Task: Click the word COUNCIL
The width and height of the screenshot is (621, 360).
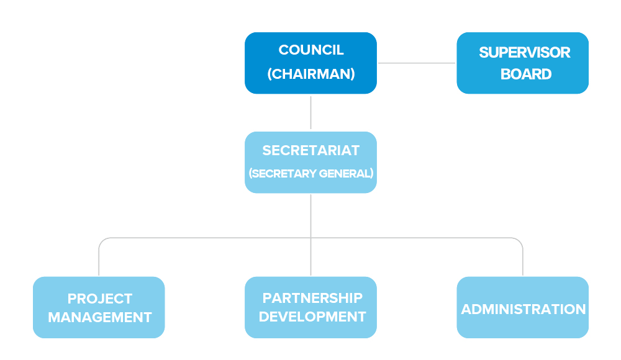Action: [311, 50]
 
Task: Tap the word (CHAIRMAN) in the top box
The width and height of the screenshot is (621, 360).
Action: [311, 74]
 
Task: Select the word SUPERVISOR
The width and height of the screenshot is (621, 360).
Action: [524, 52]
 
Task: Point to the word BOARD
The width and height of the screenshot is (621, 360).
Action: [526, 74]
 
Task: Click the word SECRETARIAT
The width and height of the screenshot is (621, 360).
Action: [311, 150]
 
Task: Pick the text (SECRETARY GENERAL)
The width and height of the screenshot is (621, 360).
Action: [311, 173]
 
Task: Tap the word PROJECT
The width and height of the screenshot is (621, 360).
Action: [100, 299]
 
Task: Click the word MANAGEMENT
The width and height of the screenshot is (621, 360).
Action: [100, 317]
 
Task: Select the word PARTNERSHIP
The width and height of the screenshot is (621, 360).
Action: [312, 298]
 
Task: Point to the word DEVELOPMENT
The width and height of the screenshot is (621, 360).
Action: [312, 317]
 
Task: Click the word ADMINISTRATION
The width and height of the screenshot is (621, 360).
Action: [523, 309]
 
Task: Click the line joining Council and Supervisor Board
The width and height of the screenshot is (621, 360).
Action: [417, 63]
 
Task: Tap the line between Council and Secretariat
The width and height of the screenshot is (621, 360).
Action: [311, 112]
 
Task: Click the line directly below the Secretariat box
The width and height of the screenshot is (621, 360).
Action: [311, 216]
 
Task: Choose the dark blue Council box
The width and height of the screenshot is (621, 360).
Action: [311, 63]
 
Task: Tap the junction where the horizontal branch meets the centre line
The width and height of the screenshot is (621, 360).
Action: [311, 238]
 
